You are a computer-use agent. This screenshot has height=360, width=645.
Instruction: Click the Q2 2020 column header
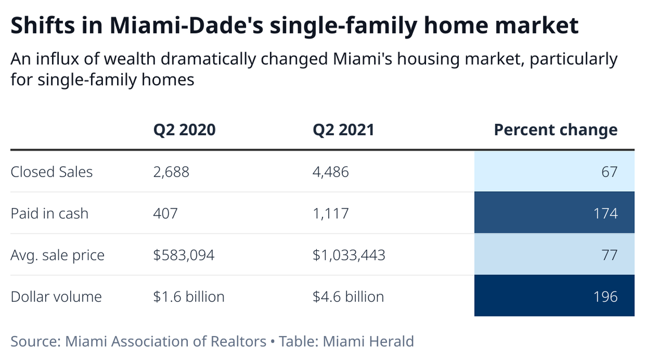click(x=184, y=130)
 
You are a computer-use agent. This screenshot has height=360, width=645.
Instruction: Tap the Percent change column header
click(x=555, y=130)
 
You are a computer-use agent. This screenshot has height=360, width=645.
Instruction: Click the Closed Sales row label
click(x=51, y=172)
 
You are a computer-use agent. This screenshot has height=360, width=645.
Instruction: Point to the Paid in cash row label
click(x=49, y=213)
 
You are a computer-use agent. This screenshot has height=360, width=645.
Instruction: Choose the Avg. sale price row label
click(x=57, y=255)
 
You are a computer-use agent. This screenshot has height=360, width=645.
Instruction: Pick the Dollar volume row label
click(x=56, y=297)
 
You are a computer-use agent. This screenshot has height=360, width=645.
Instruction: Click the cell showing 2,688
click(x=171, y=172)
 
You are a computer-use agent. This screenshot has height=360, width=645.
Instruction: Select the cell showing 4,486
click(x=330, y=172)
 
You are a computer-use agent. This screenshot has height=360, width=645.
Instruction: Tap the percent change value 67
click(x=609, y=172)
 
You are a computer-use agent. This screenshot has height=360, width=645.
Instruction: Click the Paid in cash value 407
click(x=165, y=213)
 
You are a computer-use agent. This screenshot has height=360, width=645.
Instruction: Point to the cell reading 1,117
click(x=330, y=213)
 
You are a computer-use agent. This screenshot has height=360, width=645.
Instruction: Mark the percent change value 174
click(x=605, y=213)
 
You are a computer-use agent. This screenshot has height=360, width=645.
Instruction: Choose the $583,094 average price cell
click(x=183, y=255)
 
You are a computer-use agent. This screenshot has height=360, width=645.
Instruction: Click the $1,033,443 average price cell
click(x=349, y=255)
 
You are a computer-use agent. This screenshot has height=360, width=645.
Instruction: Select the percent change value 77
click(x=609, y=255)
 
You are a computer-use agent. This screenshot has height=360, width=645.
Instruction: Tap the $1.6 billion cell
click(x=188, y=297)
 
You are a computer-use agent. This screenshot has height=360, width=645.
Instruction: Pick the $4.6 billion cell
click(x=348, y=297)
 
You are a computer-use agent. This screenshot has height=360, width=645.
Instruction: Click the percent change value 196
click(x=605, y=297)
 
